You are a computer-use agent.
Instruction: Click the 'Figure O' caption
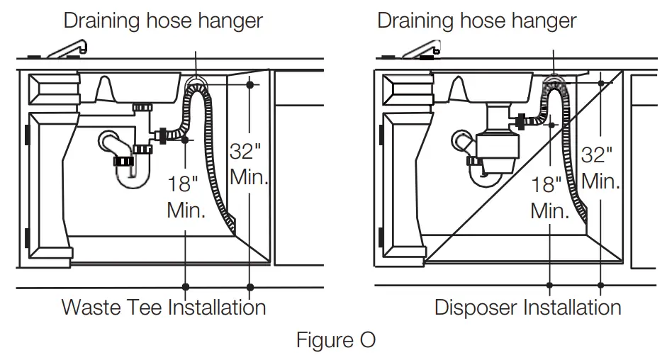(x=335, y=340)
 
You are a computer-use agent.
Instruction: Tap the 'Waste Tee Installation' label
(x=164, y=308)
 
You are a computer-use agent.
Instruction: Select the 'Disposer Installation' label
(x=527, y=308)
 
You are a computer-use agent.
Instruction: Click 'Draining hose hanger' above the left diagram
(x=163, y=20)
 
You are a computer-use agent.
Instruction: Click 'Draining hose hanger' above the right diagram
(x=476, y=20)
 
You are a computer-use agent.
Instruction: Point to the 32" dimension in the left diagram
(x=245, y=152)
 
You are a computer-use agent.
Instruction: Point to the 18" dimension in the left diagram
(x=183, y=185)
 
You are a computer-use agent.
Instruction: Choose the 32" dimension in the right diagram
(x=597, y=154)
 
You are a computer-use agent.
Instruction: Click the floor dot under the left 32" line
(x=250, y=287)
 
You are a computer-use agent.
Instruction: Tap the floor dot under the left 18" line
(x=185, y=287)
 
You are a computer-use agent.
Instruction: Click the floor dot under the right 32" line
(x=601, y=286)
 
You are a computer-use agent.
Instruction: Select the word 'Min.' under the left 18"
(x=186, y=210)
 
